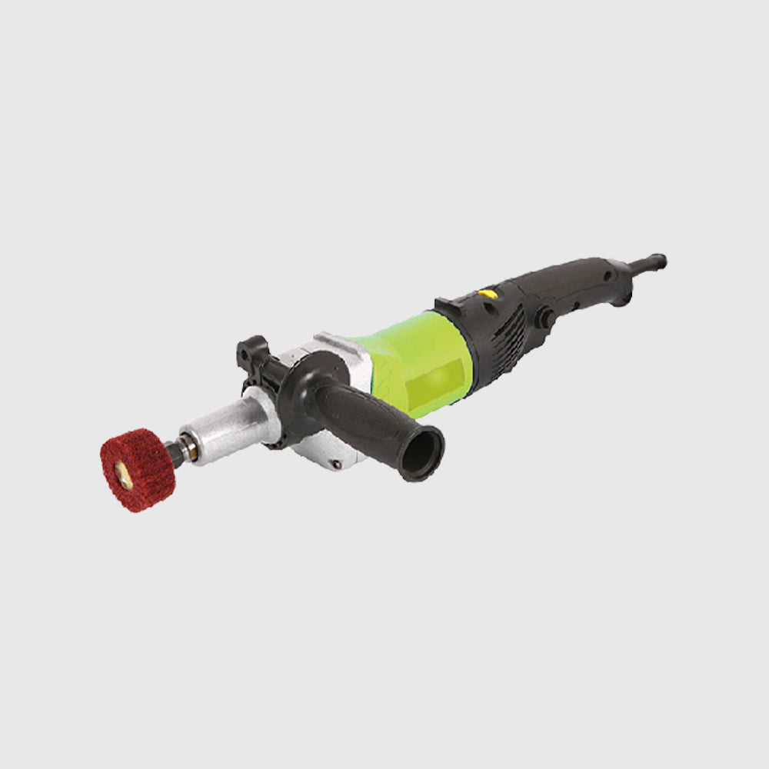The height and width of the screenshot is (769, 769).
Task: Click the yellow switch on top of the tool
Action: pos(488,293)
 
